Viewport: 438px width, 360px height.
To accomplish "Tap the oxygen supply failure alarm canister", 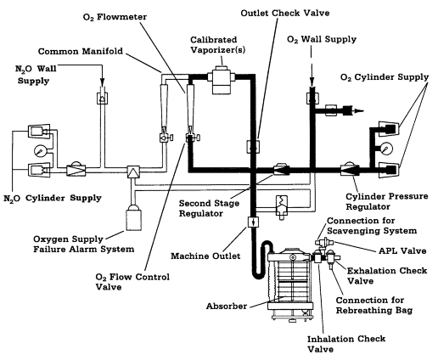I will click(x=133, y=218).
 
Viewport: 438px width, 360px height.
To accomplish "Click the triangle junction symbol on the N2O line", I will click(x=133, y=170).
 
